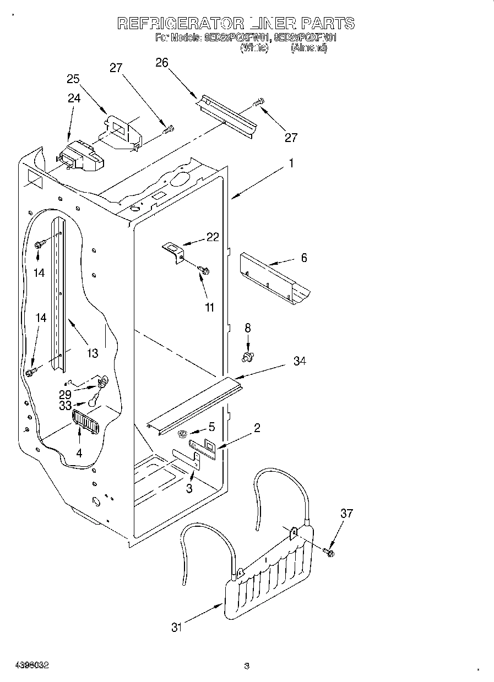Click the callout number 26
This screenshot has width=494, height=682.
point(161,63)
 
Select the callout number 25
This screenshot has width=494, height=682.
point(74,79)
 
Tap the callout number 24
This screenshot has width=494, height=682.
point(74,99)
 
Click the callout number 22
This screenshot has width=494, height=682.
point(213,237)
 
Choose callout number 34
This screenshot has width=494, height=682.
point(300,361)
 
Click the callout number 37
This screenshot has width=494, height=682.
point(346,514)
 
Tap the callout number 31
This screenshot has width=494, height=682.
point(176,627)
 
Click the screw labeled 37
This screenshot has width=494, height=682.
point(330,552)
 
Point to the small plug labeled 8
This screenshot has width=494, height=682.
point(248,358)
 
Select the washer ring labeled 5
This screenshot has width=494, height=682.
point(182,434)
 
